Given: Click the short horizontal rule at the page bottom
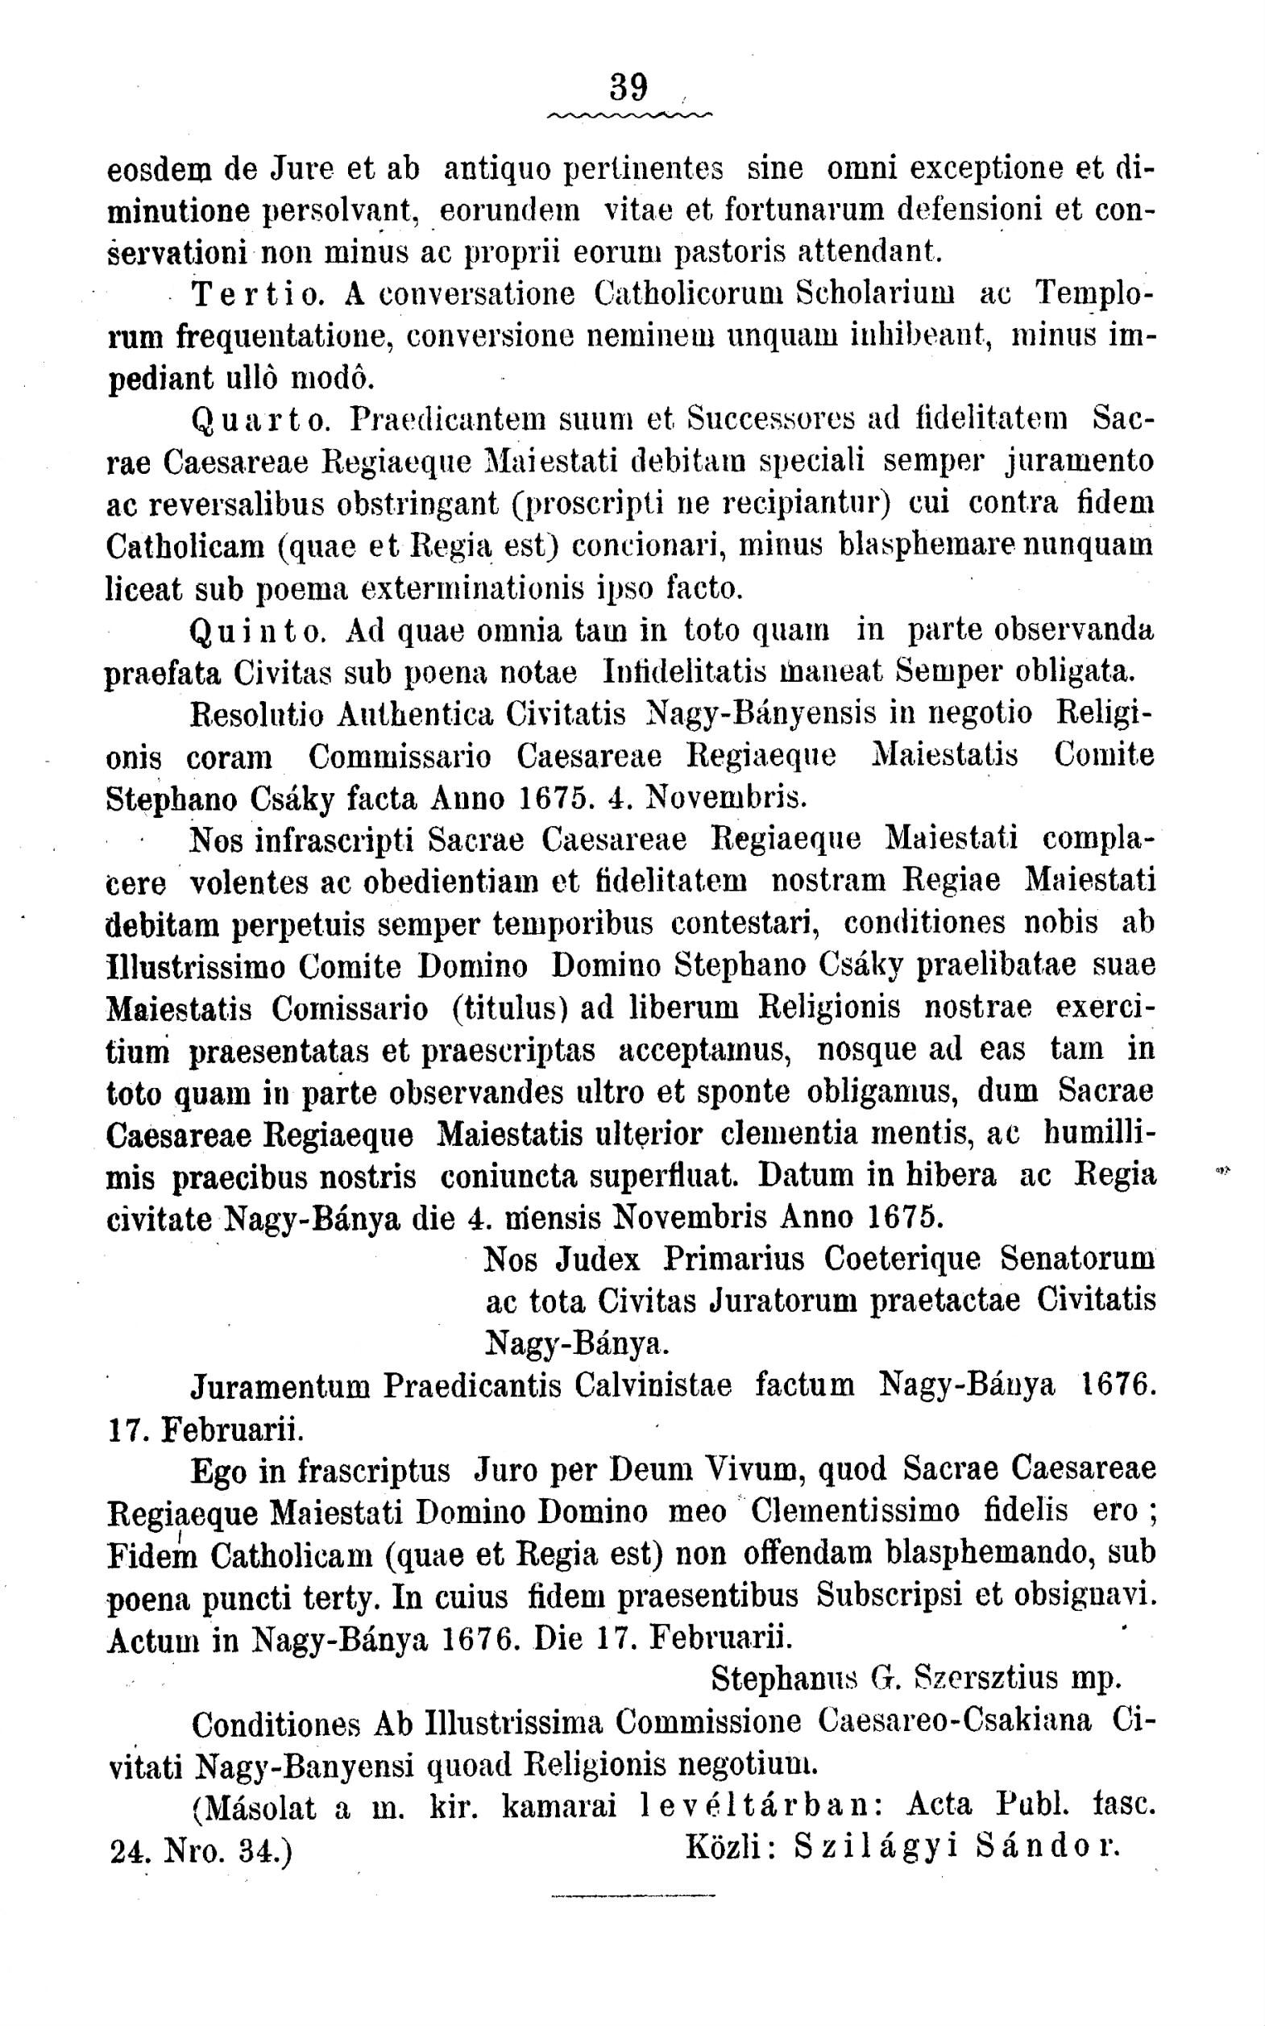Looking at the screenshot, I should pyautogui.click(x=632, y=1895).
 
